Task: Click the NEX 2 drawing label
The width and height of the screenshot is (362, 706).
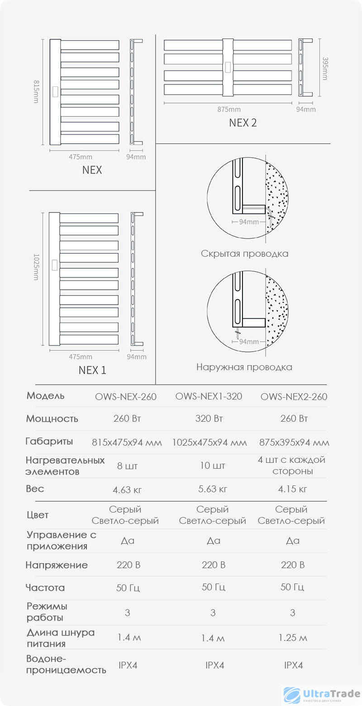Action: pyautogui.click(x=243, y=122)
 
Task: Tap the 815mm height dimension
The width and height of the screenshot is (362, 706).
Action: pyautogui.click(x=36, y=92)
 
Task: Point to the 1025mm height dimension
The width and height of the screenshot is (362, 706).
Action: pyautogui.click(x=36, y=267)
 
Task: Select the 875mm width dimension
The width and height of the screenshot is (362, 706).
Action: pyautogui.click(x=229, y=109)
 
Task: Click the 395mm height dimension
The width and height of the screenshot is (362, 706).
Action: pyautogui.click(x=324, y=68)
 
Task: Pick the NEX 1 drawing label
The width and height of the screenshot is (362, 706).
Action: pyautogui.click(x=92, y=370)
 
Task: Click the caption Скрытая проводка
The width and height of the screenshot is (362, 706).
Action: pyautogui.click(x=244, y=254)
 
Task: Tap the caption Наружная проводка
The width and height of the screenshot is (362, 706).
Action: pyautogui.click(x=244, y=367)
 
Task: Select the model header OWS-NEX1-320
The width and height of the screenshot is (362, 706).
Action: pyautogui.click(x=209, y=396)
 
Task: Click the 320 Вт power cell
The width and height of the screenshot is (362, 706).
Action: pyautogui.click(x=209, y=418)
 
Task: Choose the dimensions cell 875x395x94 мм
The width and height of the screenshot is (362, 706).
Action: pyautogui.click(x=294, y=442)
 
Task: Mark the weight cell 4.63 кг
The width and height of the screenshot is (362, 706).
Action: pyautogui.click(x=128, y=489)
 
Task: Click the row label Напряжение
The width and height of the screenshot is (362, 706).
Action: pyautogui.click(x=57, y=565)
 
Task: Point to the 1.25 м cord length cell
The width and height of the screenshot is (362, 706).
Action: pyautogui.click(x=293, y=638)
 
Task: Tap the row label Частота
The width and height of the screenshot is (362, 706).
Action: pyautogui.click(x=45, y=588)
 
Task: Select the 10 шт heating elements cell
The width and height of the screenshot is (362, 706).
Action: pyautogui.click(x=212, y=466)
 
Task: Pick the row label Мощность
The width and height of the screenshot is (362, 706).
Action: pyautogui.click(x=52, y=419)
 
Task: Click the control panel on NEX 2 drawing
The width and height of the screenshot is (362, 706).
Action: pyautogui.click(x=228, y=67)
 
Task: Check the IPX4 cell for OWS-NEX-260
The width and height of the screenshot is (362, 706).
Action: pyautogui.click(x=128, y=665)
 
